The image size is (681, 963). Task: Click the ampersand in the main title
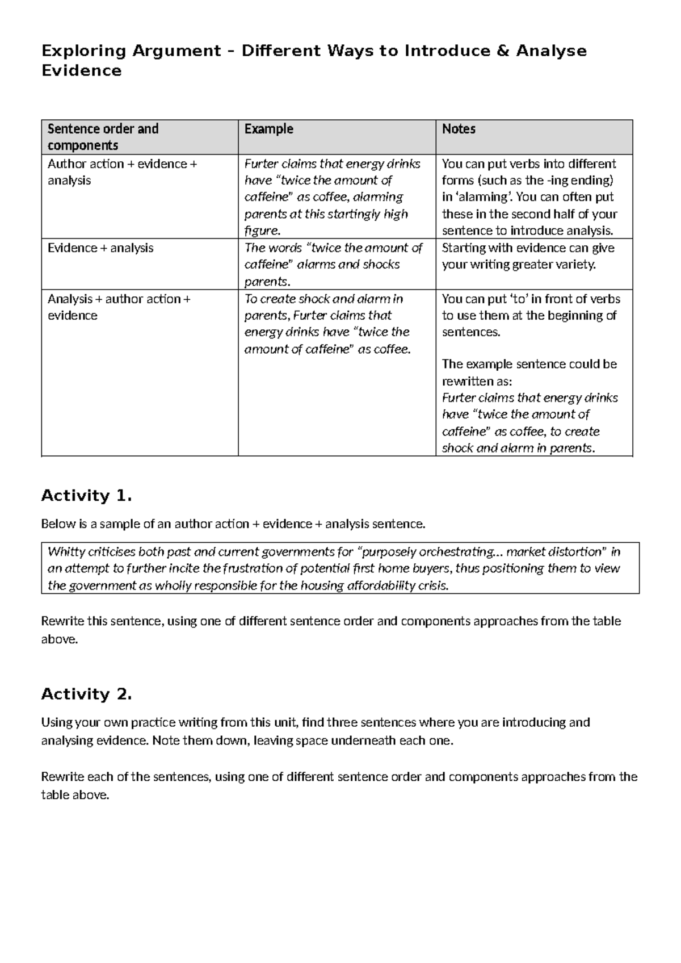(x=502, y=51)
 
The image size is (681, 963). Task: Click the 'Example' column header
(x=268, y=129)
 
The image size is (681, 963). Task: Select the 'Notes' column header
(x=459, y=129)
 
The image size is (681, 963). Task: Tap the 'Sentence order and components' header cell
(x=103, y=137)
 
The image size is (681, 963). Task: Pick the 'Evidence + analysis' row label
(x=100, y=248)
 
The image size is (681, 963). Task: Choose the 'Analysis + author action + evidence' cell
(x=119, y=307)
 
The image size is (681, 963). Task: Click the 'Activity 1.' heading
(x=86, y=496)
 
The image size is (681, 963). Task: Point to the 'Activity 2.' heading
(x=86, y=694)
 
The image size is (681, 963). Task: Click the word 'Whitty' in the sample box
(x=65, y=552)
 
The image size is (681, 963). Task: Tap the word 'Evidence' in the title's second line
(x=82, y=71)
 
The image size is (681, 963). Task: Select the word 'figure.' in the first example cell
(x=262, y=231)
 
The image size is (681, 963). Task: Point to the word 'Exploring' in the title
(x=84, y=51)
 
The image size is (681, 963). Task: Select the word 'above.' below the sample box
(x=58, y=639)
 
